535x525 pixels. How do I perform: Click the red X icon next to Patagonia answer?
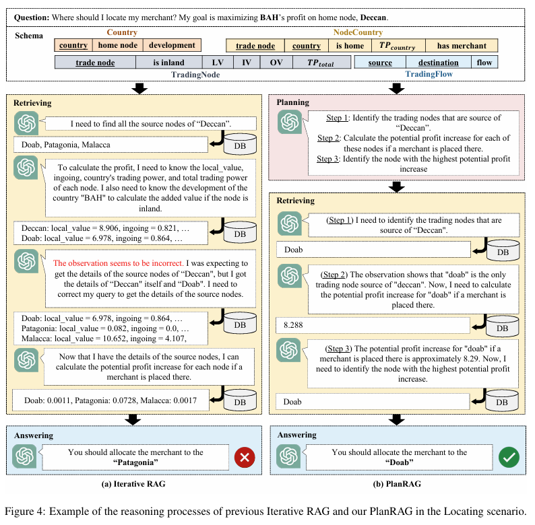point(244,458)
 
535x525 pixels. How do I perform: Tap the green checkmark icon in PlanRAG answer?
point(508,458)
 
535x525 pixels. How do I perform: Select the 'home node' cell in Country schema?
point(118,45)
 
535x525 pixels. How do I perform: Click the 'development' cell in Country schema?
point(172,45)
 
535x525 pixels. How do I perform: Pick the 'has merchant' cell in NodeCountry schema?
point(462,46)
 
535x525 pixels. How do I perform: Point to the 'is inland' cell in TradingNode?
point(168,63)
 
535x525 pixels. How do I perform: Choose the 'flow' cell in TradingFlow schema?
point(484,63)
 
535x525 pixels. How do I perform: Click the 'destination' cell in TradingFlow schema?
point(438,63)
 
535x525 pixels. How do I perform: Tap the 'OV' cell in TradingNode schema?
point(276,63)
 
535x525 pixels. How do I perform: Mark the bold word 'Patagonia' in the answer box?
point(135,462)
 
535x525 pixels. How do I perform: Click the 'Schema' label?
point(28,36)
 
